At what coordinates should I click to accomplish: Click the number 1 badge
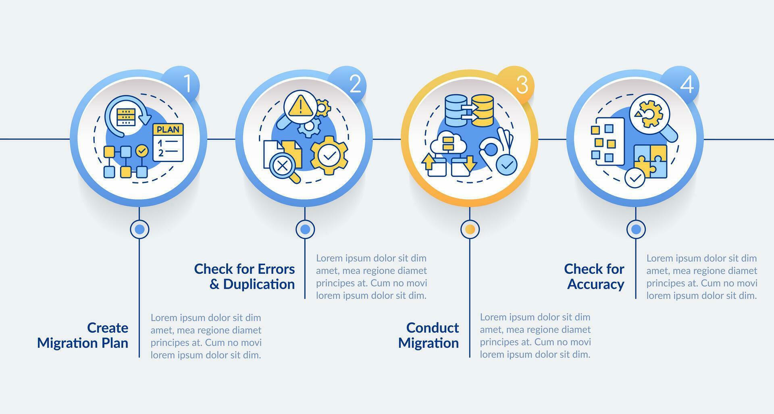pos(186,84)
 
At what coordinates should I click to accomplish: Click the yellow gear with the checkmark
pos(329,155)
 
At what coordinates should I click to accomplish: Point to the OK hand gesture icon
pos(495,149)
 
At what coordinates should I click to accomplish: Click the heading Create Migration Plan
pos(83,335)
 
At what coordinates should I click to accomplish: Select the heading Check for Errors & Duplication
pos(244,277)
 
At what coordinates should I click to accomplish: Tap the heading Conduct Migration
pos(429,335)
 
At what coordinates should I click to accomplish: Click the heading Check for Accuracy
pos(594,277)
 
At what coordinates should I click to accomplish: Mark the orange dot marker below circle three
pos(470,229)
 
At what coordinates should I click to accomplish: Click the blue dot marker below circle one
pos(139,229)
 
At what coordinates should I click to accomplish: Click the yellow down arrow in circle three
pos(470,164)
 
